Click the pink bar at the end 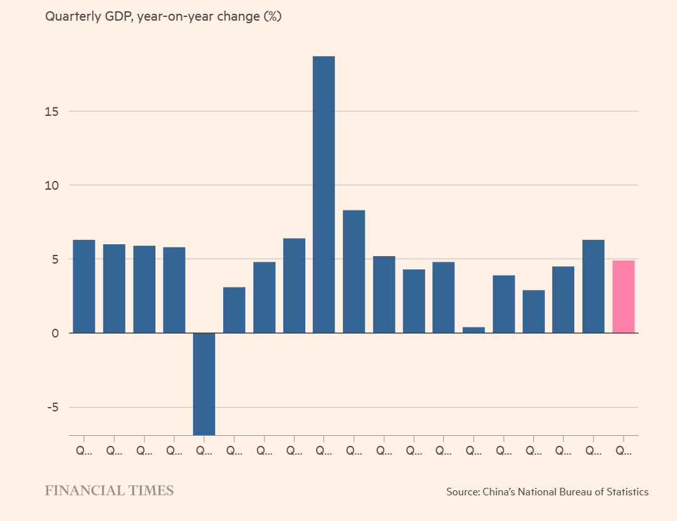tap(623, 296)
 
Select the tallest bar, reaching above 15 tap(323, 194)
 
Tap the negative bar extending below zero tap(204, 383)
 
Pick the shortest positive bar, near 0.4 tap(473, 329)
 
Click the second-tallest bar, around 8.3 tap(354, 271)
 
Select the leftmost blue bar tap(84, 286)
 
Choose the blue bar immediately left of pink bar tap(593, 286)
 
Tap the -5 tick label tap(51, 407)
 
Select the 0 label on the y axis tap(55, 333)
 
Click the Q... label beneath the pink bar tap(623, 450)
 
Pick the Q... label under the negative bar tap(204, 450)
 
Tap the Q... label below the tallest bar tap(323, 450)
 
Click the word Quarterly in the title tap(71, 17)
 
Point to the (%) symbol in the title tap(271, 17)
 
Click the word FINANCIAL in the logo tap(85, 491)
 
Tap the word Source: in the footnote tap(463, 492)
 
